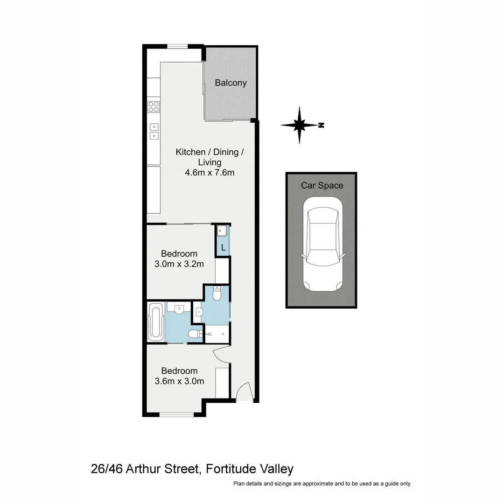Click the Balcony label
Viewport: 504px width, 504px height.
point(231,83)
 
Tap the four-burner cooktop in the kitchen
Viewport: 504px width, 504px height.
point(153,107)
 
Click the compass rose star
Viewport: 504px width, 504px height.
point(299,125)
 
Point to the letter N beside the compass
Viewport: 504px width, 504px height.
point(321,125)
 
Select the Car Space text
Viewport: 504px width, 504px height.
point(322,186)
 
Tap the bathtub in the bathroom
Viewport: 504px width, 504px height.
point(156,322)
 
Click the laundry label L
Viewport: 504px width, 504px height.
point(224,247)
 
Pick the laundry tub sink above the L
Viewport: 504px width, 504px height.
point(222,231)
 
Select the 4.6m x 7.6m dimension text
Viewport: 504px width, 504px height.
point(209,173)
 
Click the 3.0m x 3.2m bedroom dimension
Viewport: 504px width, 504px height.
point(179,264)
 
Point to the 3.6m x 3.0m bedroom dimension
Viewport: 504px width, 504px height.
point(179,381)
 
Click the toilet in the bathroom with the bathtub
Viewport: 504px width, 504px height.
point(193,333)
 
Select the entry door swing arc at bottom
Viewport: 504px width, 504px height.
point(244,392)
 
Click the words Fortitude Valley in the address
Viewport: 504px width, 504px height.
point(249,469)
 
